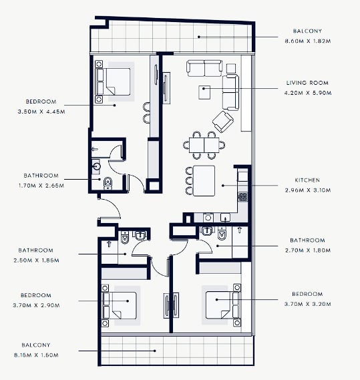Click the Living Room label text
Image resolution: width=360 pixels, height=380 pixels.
(x=307, y=83)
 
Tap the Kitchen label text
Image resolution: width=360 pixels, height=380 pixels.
(x=307, y=180)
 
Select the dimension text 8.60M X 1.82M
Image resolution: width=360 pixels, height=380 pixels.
(x=308, y=41)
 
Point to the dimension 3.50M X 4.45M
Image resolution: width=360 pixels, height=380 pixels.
(x=41, y=112)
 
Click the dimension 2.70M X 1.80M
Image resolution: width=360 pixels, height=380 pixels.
(x=308, y=250)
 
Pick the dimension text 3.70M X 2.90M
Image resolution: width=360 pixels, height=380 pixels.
(x=36, y=305)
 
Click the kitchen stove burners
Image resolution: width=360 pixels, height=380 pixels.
(x=242, y=197)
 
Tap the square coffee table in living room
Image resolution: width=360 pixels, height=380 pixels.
(x=204, y=92)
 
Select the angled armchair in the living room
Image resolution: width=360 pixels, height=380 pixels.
(x=223, y=122)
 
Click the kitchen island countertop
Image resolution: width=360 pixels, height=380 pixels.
(x=204, y=181)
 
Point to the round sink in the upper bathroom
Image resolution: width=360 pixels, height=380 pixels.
(x=96, y=166)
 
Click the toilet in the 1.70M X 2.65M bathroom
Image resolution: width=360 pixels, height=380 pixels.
(x=108, y=183)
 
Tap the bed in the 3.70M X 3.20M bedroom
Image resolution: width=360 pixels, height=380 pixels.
(x=222, y=305)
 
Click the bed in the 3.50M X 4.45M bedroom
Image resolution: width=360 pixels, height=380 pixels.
(x=113, y=81)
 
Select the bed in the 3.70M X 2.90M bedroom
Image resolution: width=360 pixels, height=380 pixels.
(x=120, y=305)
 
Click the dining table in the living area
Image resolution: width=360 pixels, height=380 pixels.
(x=204, y=145)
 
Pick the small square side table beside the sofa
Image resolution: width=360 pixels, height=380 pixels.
(x=231, y=68)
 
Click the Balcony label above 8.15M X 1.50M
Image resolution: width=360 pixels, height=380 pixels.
(x=36, y=345)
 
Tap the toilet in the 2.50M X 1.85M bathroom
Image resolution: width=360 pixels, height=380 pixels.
(x=125, y=237)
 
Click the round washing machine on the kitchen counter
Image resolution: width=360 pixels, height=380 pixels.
(x=208, y=218)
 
